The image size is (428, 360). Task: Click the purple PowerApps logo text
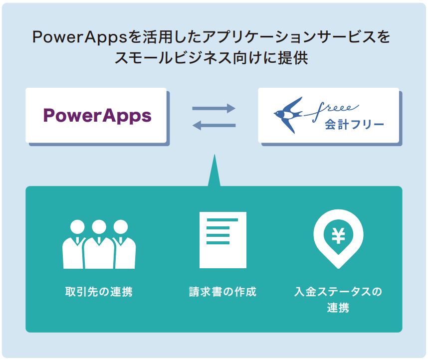[x=97, y=116]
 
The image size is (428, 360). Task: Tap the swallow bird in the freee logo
[x=288, y=114]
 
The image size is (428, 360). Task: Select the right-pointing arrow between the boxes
[x=214, y=108]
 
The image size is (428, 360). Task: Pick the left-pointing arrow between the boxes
[x=214, y=125]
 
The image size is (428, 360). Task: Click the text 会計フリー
[x=354, y=125]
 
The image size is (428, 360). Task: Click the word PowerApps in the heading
[x=80, y=37]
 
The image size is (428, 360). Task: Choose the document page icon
[x=223, y=240]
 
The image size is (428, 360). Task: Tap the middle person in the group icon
[x=99, y=244]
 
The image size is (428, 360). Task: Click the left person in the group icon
[x=74, y=244]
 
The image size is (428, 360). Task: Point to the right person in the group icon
[x=124, y=244]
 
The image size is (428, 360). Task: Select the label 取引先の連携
[x=99, y=292]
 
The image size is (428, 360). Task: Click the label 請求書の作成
[x=223, y=292]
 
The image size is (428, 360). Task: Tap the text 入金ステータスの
[x=338, y=292]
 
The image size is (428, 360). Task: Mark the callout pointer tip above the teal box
[x=214, y=155]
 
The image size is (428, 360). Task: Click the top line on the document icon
[x=222, y=220]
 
